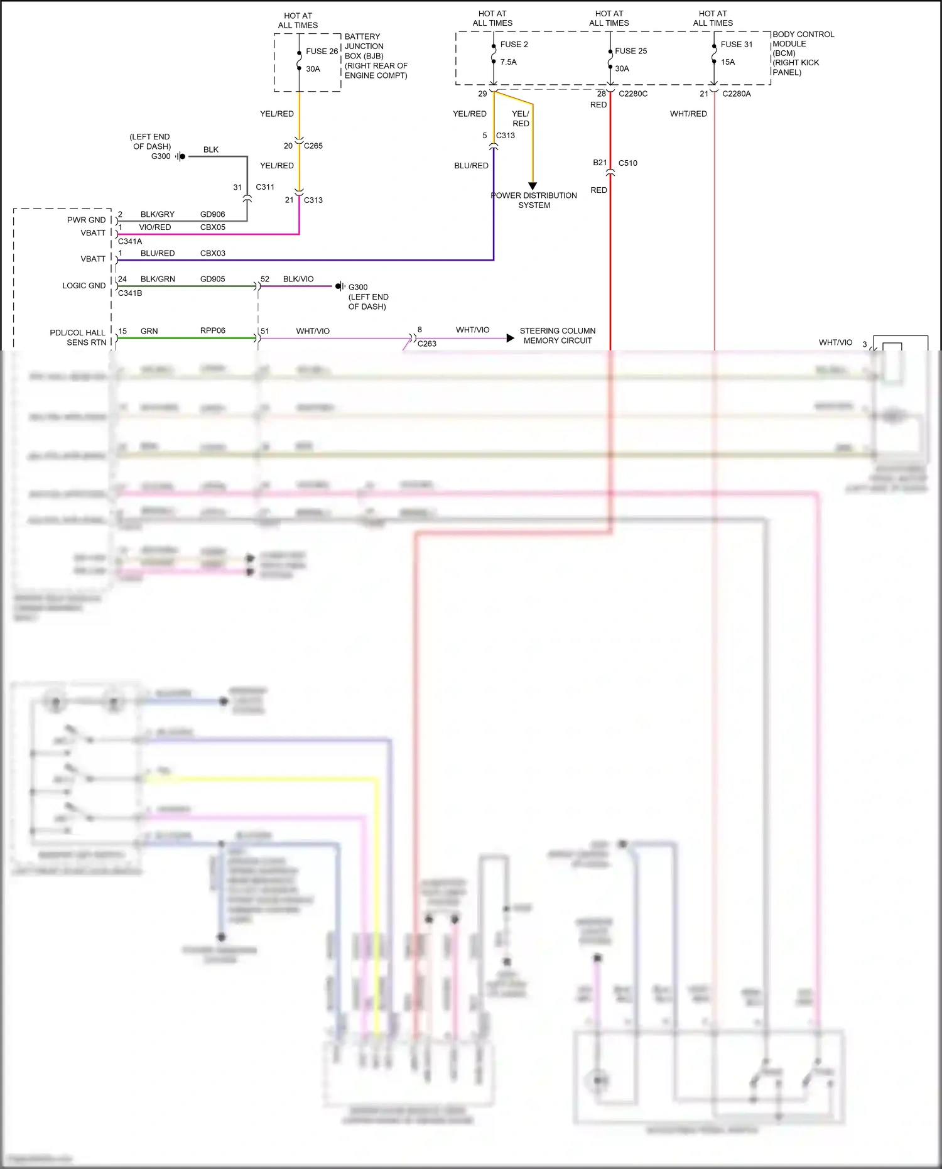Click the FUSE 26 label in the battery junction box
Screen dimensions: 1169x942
point(322,52)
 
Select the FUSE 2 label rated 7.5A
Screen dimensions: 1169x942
point(514,45)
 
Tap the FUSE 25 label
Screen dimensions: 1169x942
point(631,51)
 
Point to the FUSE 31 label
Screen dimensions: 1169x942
point(736,45)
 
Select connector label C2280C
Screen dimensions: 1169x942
point(632,94)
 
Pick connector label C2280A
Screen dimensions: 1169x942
point(736,94)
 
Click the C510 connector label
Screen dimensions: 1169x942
point(627,163)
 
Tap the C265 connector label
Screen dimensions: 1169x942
point(313,146)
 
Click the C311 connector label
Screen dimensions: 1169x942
point(264,187)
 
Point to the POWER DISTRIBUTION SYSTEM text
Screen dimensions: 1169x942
point(534,200)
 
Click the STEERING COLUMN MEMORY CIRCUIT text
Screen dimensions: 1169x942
point(557,335)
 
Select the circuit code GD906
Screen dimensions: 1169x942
point(212,214)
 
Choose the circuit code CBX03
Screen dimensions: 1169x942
point(212,253)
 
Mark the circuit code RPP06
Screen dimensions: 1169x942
point(212,330)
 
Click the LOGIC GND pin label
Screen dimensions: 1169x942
point(84,285)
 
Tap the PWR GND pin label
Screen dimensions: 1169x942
point(86,220)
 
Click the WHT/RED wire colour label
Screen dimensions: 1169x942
point(688,114)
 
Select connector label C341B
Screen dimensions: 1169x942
point(130,293)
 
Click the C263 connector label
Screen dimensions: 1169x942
point(426,344)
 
